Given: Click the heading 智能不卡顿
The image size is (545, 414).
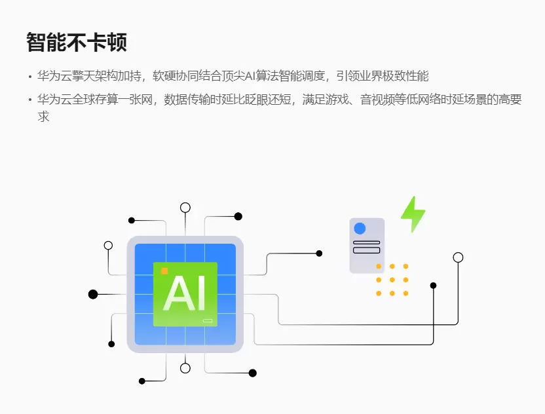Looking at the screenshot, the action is click(77, 43).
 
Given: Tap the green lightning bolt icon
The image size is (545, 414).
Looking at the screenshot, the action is click(413, 214).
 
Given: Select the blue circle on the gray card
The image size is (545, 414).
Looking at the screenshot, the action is click(360, 229).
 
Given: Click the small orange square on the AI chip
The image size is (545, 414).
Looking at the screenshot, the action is click(164, 271).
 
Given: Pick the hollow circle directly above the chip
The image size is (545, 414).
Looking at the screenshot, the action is click(185, 208).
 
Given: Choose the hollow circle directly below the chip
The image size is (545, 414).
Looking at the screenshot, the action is click(185, 368).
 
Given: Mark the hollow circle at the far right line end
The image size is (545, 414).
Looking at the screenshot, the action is click(458, 257).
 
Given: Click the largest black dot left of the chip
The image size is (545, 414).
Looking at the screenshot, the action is click(93, 294).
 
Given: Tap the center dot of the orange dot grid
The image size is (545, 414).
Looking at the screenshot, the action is click(392, 280).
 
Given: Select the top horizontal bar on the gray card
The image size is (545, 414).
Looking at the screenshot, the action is click(366, 242).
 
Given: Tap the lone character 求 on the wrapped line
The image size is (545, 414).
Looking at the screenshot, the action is click(43, 117).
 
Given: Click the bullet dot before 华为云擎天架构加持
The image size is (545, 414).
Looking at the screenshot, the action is click(30, 77).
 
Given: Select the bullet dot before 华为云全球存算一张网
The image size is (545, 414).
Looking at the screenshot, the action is click(30, 100).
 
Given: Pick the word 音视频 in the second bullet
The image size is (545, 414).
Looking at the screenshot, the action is click(377, 100).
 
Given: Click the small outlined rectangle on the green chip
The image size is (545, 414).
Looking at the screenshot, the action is click(208, 320).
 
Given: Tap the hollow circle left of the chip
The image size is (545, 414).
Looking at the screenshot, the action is click(109, 246).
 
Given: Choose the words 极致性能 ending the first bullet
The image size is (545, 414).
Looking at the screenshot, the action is click(405, 76).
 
